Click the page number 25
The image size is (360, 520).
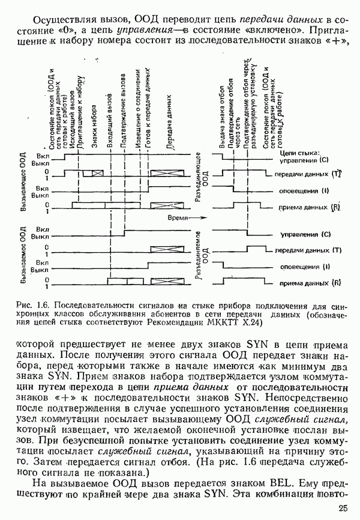click(342, 509)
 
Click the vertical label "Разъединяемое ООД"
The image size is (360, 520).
click(200, 255)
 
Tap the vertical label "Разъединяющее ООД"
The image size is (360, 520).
click(200, 184)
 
